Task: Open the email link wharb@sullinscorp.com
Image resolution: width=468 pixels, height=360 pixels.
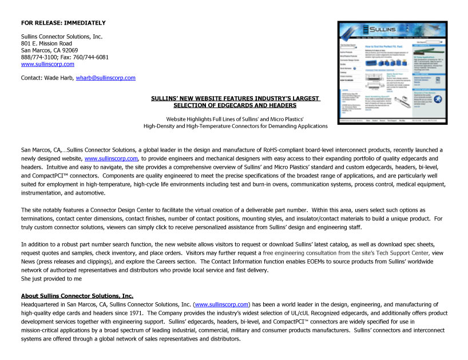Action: click(105, 78)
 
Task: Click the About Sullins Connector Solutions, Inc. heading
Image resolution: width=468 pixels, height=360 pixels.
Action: click(77, 295)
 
